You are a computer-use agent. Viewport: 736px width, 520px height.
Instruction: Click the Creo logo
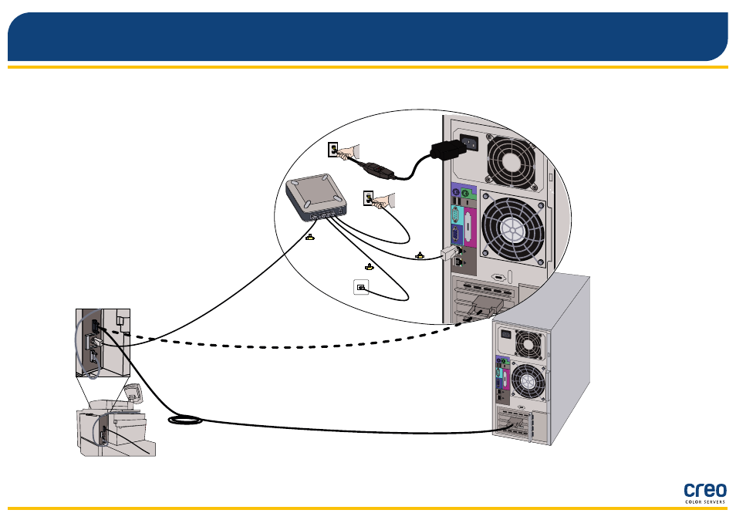point(704,493)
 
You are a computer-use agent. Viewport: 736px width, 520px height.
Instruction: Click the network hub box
point(316,198)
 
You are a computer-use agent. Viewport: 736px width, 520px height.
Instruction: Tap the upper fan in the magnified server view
point(511,162)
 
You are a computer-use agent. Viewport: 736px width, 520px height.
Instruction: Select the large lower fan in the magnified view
point(513,228)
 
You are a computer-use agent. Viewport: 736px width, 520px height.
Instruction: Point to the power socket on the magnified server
point(469,142)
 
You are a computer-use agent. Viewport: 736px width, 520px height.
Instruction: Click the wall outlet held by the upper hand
point(333,150)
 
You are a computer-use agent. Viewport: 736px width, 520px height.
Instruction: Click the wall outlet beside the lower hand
point(369,198)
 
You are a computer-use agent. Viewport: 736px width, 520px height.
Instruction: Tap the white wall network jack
point(361,287)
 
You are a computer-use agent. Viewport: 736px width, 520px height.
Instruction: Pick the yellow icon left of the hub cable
point(310,238)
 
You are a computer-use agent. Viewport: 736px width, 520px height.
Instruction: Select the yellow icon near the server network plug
point(420,256)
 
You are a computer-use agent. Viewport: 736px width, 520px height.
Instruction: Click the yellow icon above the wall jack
point(370,267)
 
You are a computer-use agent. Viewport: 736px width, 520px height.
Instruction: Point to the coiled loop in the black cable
point(185,420)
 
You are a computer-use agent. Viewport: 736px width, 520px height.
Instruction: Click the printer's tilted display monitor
point(133,393)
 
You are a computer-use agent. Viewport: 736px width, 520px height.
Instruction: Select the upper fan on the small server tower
point(528,345)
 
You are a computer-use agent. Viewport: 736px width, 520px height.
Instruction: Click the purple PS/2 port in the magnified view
point(455,191)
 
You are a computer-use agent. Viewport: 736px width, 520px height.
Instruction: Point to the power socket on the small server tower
point(506,334)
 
